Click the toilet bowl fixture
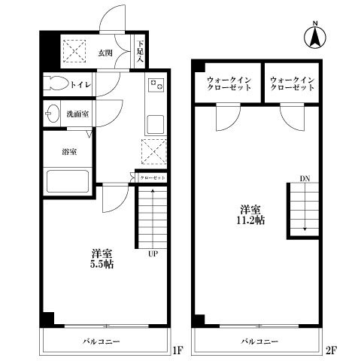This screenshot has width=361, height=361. pos(56,83)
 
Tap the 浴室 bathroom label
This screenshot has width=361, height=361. pos(68,150)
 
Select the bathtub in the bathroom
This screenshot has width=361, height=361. pos(68,181)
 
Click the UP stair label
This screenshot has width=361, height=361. pos(151,253)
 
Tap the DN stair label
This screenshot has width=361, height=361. pos(304,178)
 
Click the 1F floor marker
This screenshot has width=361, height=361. pos(177,350)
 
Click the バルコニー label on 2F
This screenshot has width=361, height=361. pos(259,341)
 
